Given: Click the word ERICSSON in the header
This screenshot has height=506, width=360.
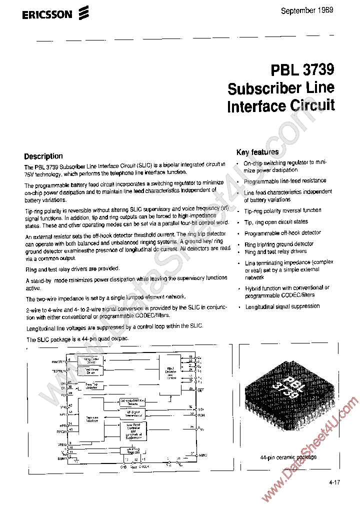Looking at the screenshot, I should pyautogui.click(x=47, y=15).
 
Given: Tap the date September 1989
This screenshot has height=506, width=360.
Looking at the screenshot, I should pyautogui.click(x=306, y=10).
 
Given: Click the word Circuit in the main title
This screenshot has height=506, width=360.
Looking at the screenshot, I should pyautogui.click(x=312, y=105).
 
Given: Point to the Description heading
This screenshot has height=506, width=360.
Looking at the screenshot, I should pyautogui.click(x=43, y=156).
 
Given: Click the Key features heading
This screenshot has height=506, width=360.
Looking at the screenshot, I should pyautogui.click(x=257, y=152).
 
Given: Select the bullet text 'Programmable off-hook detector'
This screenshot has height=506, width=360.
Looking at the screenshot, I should pyautogui.click(x=282, y=233).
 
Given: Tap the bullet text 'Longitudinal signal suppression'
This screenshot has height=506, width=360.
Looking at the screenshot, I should pyautogui.click(x=282, y=306).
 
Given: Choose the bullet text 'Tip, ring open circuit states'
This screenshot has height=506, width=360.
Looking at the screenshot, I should pyautogui.click(x=276, y=221).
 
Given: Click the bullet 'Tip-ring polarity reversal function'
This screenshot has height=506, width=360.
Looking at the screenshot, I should pyautogui.click(x=282, y=210).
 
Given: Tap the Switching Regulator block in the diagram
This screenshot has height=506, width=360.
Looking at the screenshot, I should pyautogui.click(x=131, y=449).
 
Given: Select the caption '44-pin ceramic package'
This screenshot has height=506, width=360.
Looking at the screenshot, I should pyautogui.click(x=288, y=457).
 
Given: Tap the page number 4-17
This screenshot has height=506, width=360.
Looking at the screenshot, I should pyautogui.click(x=335, y=482).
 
